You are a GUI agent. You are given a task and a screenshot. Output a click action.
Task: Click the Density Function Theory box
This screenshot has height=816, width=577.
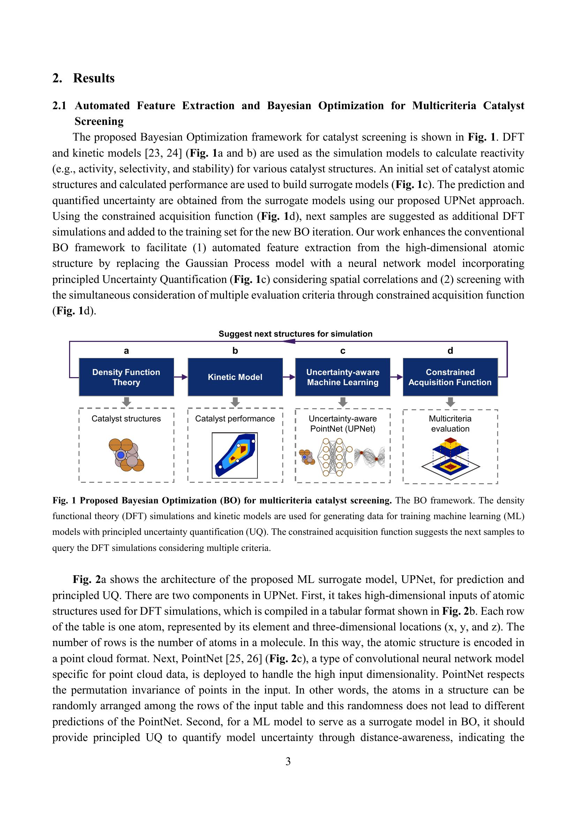(x=126, y=377)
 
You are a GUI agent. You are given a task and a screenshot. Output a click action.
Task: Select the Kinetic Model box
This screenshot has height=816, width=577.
(x=235, y=377)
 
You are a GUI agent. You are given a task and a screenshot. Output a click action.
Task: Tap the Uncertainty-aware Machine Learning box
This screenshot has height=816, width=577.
(x=343, y=377)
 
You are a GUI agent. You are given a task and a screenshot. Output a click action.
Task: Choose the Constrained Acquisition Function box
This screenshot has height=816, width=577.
(x=450, y=377)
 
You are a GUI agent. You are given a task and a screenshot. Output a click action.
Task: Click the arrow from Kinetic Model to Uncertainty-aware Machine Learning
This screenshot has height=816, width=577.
(x=289, y=377)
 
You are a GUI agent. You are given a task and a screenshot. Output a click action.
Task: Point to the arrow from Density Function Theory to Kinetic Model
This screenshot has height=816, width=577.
(x=181, y=377)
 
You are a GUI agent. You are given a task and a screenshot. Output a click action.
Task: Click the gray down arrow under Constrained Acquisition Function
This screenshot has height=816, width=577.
(x=450, y=402)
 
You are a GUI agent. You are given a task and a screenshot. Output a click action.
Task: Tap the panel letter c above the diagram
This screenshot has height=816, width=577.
(x=343, y=351)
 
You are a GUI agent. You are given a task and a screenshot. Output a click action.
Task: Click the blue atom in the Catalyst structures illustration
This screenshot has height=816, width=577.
(x=121, y=455)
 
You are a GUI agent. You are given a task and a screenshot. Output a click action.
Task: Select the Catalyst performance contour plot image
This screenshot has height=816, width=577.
(x=234, y=455)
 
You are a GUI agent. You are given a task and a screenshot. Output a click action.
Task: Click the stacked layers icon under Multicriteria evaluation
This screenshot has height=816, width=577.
(x=450, y=458)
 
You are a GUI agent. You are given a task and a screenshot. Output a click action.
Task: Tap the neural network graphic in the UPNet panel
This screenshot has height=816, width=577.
(x=334, y=457)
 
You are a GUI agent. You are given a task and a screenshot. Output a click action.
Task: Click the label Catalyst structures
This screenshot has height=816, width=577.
(x=126, y=418)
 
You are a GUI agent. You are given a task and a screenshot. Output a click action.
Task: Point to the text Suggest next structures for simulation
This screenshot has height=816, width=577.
(x=295, y=334)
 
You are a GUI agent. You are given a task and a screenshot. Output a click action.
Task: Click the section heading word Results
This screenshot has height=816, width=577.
(x=94, y=78)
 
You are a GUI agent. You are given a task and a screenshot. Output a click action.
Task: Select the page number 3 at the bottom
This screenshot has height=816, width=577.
(x=288, y=761)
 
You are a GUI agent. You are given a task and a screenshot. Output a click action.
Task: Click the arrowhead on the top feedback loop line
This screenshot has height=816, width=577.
(x=290, y=342)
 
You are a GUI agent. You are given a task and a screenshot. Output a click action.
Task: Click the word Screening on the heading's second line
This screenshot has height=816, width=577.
(x=99, y=121)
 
